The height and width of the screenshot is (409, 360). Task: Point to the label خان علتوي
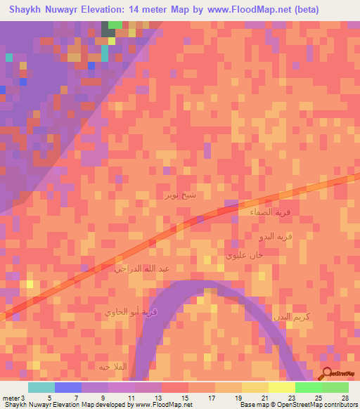tap(244, 256)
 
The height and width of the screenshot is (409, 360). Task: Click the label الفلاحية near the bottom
tap(113, 366)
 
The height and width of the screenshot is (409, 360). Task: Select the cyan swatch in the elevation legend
tap(41, 387)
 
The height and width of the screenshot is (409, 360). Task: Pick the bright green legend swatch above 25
tap(309, 387)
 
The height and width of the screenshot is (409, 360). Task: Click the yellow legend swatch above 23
tap(282, 387)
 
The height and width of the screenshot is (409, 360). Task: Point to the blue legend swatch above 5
tap(68, 387)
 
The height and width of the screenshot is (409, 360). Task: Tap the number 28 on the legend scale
tap(345, 397)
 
